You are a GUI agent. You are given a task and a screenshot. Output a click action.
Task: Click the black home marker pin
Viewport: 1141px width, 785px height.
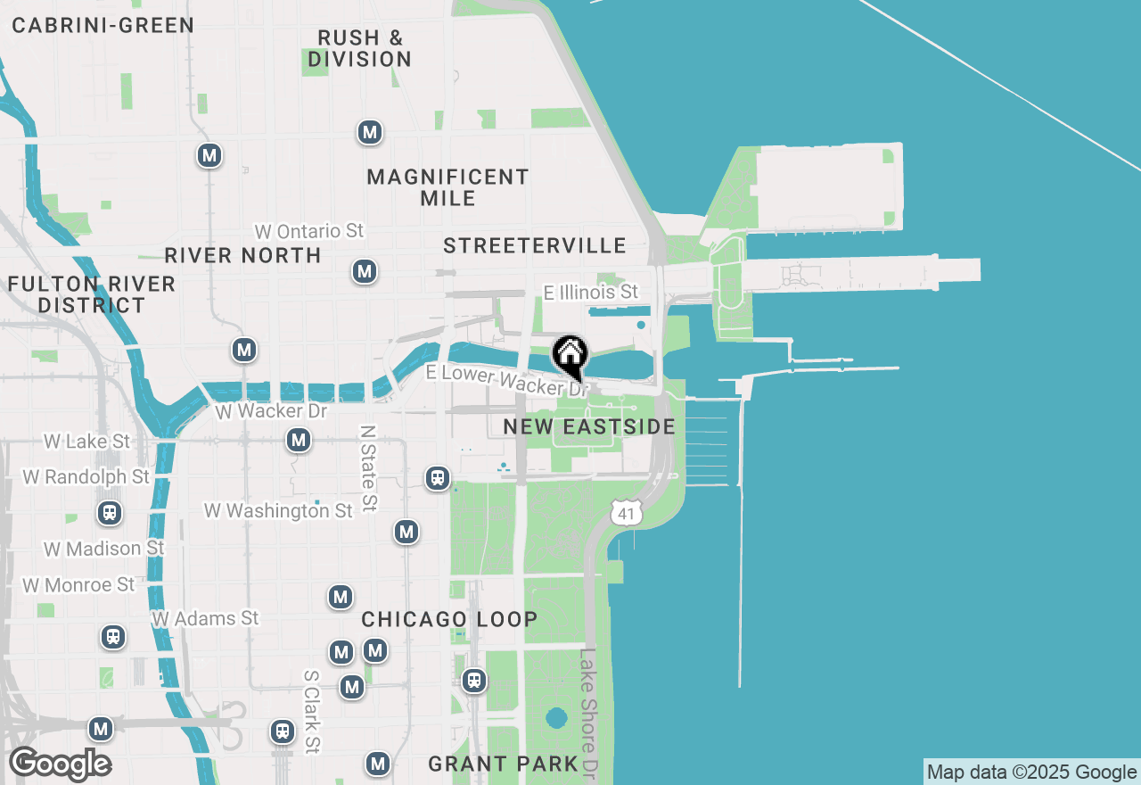pyautogui.click(x=570, y=355)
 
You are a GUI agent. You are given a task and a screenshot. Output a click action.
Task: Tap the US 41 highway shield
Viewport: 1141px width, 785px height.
pyautogui.click(x=627, y=512)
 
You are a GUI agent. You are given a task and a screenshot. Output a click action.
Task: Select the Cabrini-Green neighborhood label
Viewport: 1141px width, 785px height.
pyautogui.click(x=103, y=25)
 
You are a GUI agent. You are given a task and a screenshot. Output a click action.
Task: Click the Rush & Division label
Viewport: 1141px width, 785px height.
pyautogui.click(x=360, y=49)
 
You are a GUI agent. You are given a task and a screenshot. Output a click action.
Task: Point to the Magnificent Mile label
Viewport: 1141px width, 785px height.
pyautogui.click(x=448, y=187)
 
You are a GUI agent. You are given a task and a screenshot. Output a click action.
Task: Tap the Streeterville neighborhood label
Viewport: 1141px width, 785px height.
pyautogui.click(x=535, y=246)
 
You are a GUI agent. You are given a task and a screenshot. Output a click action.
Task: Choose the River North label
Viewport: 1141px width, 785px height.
pyautogui.click(x=243, y=256)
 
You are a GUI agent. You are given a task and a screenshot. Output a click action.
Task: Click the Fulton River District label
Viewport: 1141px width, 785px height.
pyautogui.click(x=92, y=294)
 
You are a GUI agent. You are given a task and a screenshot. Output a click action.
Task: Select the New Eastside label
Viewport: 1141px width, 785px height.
pyautogui.click(x=589, y=427)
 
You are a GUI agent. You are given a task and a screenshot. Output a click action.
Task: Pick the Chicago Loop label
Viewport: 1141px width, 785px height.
pyautogui.click(x=449, y=619)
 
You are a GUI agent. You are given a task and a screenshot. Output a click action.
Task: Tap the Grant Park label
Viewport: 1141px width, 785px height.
pyautogui.click(x=504, y=764)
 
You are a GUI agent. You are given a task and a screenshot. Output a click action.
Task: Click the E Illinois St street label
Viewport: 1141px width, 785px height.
pyautogui.click(x=591, y=292)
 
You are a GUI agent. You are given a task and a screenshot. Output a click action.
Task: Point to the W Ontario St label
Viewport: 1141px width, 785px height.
pyautogui.click(x=309, y=231)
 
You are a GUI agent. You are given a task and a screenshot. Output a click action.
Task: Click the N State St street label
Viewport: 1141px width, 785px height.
pyautogui.click(x=368, y=467)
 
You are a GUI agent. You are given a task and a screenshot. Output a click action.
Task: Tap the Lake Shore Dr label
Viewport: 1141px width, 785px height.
pyautogui.click(x=588, y=710)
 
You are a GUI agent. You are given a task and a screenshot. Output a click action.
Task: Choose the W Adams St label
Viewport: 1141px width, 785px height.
pyautogui.click(x=205, y=618)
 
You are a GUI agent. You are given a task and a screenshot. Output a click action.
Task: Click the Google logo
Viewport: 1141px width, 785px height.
pyautogui.click(x=60, y=764)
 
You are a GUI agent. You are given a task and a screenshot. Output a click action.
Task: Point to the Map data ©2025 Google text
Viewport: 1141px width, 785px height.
pyautogui.click(x=1031, y=773)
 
